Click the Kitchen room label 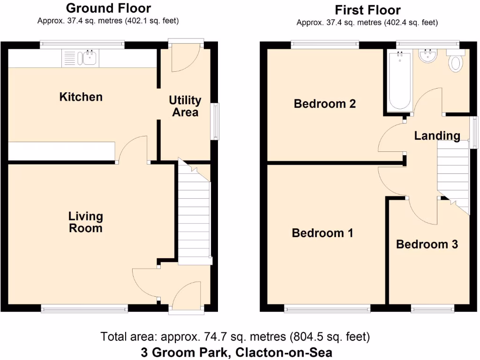click(81, 97)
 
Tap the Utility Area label click(185, 106)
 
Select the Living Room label click(85, 222)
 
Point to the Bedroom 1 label click(322, 233)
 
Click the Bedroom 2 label click(324, 104)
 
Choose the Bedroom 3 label click(427, 244)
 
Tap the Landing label click(437, 136)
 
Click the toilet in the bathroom click(455, 62)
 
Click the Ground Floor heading click(108, 8)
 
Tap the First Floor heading click(367, 10)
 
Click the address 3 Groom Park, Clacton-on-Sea click(236, 352)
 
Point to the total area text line click(235, 337)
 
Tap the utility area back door click(186, 56)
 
